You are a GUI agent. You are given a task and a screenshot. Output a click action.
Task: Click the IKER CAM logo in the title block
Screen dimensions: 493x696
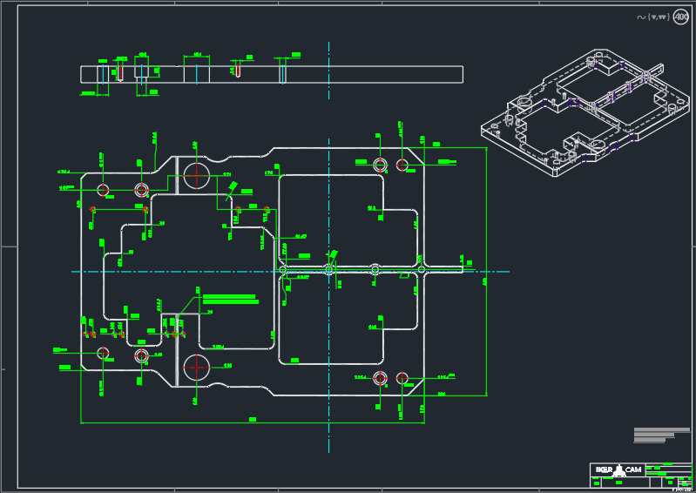click(618, 470)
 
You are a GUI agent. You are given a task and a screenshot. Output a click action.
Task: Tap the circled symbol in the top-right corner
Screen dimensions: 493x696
click(679, 17)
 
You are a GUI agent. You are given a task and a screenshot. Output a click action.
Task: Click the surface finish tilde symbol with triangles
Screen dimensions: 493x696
click(652, 17)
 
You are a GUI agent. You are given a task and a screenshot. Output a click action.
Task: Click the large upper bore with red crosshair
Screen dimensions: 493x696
click(196, 175)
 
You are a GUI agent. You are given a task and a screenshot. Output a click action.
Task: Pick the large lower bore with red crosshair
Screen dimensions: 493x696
click(196, 368)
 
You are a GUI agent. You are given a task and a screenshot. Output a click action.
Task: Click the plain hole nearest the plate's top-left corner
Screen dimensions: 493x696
click(103, 189)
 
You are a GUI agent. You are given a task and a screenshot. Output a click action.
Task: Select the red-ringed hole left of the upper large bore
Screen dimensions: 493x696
click(142, 189)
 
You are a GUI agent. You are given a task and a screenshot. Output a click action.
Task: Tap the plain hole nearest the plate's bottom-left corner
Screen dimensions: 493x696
click(103, 353)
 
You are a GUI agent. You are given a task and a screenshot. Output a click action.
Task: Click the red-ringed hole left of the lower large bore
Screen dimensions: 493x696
click(142, 355)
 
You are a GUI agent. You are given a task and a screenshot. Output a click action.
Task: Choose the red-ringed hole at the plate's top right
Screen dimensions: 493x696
click(380, 165)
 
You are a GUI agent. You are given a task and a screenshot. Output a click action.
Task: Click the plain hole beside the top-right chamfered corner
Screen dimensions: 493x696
click(402, 165)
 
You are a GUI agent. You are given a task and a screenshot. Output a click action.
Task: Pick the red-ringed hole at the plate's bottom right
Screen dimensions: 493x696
click(380, 377)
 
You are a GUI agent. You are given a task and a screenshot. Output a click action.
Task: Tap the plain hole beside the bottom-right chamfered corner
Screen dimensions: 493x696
click(402, 377)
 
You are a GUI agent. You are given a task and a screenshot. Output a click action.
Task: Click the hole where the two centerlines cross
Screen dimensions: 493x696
click(329, 270)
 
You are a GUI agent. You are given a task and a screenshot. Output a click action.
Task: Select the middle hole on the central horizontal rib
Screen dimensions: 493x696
click(375, 270)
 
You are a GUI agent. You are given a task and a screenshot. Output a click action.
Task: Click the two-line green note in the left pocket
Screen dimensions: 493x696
click(230, 299)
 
